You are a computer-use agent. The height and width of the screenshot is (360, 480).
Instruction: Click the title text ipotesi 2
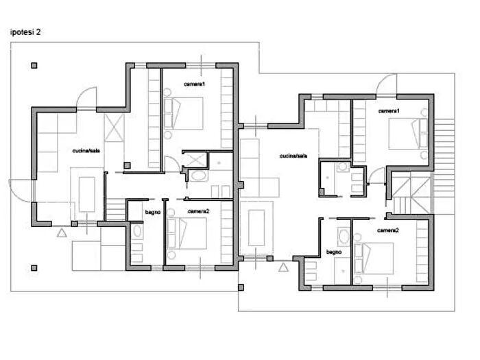click(x=25, y=32)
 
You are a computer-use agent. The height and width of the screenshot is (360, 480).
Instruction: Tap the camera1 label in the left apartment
click(x=194, y=84)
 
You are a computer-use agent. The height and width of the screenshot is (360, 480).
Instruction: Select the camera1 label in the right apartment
click(x=389, y=111)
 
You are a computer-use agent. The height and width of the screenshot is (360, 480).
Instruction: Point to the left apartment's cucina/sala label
click(x=86, y=151)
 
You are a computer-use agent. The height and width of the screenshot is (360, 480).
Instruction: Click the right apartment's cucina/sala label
click(x=293, y=156)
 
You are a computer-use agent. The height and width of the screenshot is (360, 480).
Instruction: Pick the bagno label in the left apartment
click(x=153, y=212)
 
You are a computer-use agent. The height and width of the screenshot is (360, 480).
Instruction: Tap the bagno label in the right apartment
click(x=334, y=252)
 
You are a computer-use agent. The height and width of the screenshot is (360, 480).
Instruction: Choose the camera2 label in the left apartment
click(x=198, y=211)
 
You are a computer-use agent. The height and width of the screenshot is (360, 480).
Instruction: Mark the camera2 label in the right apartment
click(x=388, y=230)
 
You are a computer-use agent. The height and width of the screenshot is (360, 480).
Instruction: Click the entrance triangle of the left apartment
click(x=62, y=233)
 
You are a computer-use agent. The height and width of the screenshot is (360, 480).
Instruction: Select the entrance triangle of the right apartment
click(x=283, y=267)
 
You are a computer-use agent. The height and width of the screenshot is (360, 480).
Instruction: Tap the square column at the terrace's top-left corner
click(x=34, y=66)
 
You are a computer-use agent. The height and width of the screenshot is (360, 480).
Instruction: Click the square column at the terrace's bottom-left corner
click(x=34, y=268)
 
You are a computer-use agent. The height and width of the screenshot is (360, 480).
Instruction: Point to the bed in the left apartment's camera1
click(x=183, y=114)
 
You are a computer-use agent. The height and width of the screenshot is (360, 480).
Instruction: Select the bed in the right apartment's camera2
click(x=374, y=259)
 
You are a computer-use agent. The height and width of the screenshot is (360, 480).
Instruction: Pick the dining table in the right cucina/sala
click(x=256, y=228)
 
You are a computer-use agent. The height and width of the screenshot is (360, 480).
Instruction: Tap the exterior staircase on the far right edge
click(x=444, y=167)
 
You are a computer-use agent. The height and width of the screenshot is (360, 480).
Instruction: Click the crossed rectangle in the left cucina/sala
click(x=115, y=128)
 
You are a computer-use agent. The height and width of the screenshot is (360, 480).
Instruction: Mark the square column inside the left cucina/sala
click(x=127, y=166)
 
